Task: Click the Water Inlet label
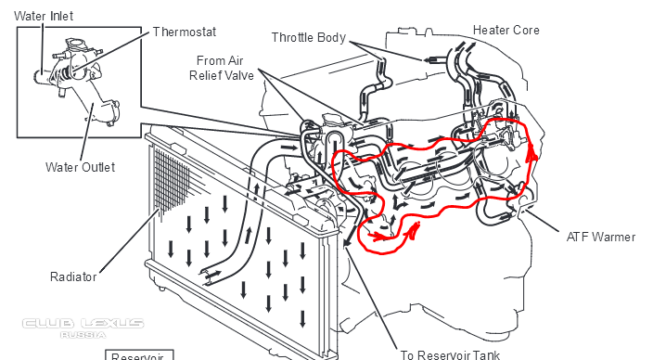pyautogui.click(x=44, y=16)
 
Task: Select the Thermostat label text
pyautogui.click(x=185, y=32)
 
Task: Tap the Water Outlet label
pyautogui.click(x=81, y=167)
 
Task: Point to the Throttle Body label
pyautogui.click(x=309, y=37)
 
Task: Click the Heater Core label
pyautogui.click(x=506, y=30)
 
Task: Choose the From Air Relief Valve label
pyautogui.click(x=221, y=68)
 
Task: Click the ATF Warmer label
pyautogui.click(x=601, y=238)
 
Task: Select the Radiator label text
pyautogui.click(x=73, y=276)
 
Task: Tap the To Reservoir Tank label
pyautogui.click(x=450, y=355)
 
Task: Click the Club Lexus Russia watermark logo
pyautogui.click(x=83, y=328)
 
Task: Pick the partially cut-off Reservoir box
pyautogui.click(x=139, y=355)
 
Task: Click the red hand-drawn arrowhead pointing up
pyautogui.click(x=531, y=152)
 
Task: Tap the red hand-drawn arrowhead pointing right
pyautogui.click(x=379, y=237)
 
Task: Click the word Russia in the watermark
pyautogui.click(x=83, y=335)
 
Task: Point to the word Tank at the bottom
pyautogui.click(x=486, y=355)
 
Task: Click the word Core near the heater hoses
pyautogui.click(x=526, y=30)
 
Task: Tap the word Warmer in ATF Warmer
pyautogui.click(x=614, y=238)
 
